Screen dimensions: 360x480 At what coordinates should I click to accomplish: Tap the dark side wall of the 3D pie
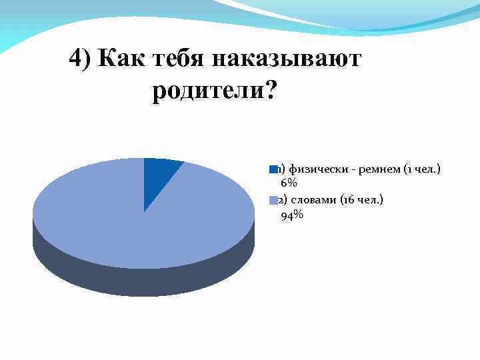(x=143, y=280)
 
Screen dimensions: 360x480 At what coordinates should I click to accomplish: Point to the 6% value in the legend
(x=289, y=183)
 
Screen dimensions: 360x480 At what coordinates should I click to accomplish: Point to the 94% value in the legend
(x=292, y=214)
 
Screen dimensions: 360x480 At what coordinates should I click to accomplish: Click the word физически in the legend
(x=313, y=169)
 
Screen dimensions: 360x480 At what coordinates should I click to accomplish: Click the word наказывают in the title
(x=287, y=59)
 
